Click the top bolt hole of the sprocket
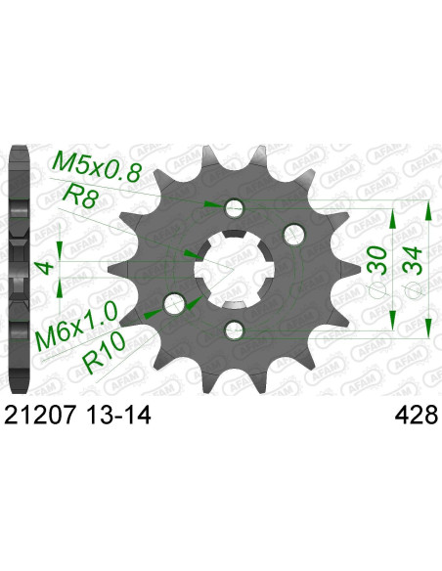click(234, 206)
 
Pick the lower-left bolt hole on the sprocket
click(176, 300)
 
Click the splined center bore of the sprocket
click(233, 267)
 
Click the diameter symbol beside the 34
click(414, 289)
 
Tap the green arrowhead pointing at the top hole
click(213, 204)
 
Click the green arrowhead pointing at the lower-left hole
click(152, 314)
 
